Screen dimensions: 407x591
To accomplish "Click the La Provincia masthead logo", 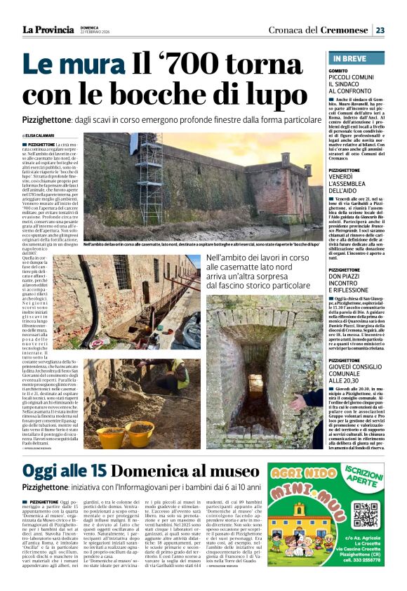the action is click(x=48, y=29).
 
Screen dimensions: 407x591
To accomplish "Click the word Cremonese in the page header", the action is click(x=344, y=29).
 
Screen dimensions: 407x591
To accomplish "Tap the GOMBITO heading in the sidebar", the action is click(x=340, y=71).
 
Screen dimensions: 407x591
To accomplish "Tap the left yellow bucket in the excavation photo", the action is click(x=109, y=435).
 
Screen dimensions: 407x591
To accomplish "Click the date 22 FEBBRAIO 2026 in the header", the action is click(x=95, y=32).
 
